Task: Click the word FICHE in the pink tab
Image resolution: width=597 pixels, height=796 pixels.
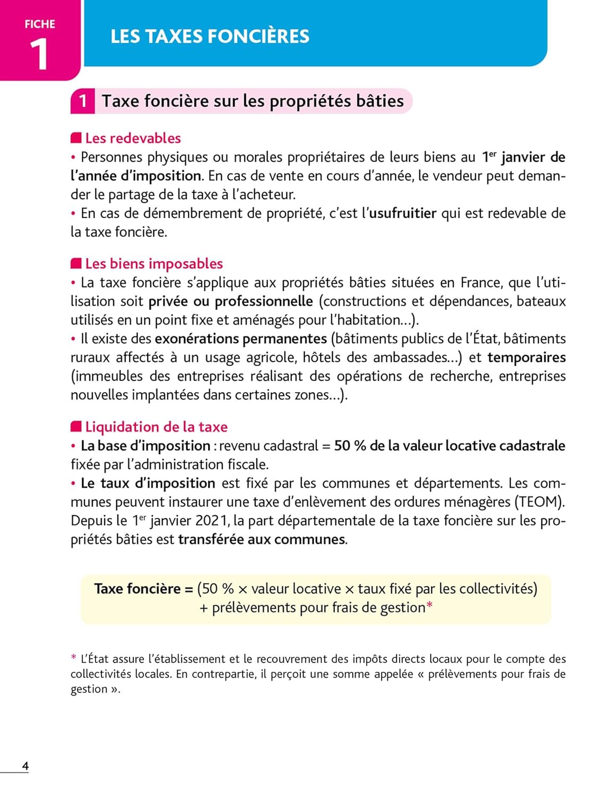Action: point(40,24)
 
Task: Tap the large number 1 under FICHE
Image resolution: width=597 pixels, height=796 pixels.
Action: point(39,54)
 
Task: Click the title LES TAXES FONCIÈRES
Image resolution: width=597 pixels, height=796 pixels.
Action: point(210,36)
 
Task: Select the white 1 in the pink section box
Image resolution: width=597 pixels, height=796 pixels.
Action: point(83,101)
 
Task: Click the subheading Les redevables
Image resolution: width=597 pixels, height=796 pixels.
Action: point(133,138)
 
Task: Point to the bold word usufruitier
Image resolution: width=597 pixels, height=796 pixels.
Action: point(403,213)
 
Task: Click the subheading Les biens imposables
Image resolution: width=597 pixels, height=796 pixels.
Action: point(154,264)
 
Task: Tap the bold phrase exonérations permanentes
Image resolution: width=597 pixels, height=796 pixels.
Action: point(241,339)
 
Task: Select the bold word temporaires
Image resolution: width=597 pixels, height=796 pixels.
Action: point(526,358)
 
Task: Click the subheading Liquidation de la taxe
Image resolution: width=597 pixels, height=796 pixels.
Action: point(156,427)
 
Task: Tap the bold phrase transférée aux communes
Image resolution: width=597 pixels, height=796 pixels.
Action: point(262,540)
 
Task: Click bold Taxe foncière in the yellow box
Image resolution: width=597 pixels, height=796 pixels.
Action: point(137,589)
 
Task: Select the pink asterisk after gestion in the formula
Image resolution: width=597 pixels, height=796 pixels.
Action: point(430,605)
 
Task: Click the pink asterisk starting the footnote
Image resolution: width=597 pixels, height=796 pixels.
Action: point(74,658)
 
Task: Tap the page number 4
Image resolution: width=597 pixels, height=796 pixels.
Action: point(25,766)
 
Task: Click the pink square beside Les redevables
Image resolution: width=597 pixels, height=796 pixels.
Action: point(76,138)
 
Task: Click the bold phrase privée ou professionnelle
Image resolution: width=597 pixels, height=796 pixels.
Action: point(231,301)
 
